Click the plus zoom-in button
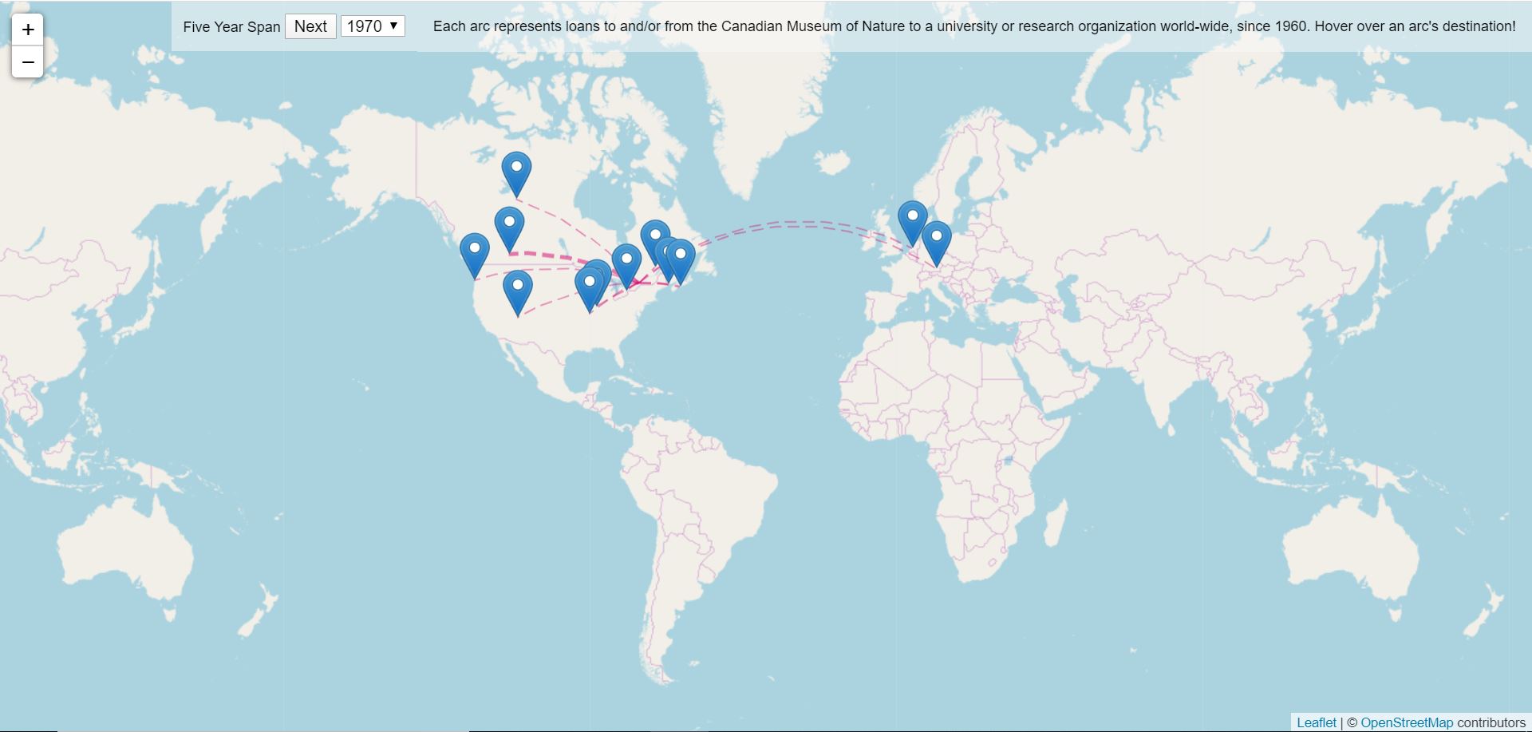[x=28, y=30]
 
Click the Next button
[x=310, y=26]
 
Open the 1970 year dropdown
[x=373, y=26]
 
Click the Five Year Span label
[x=231, y=27]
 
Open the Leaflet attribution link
[x=1316, y=722]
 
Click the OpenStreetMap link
[x=1406, y=722]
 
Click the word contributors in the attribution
[x=1491, y=722]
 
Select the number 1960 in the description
[x=1291, y=26]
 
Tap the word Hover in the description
[x=1333, y=26]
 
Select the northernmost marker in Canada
[x=516, y=172]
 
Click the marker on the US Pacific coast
[x=475, y=253]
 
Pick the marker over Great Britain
[x=912, y=220]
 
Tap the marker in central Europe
[x=937, y=241]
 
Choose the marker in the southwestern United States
[x=518, y=291]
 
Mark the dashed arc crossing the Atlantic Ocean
[x=798, y=224]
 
